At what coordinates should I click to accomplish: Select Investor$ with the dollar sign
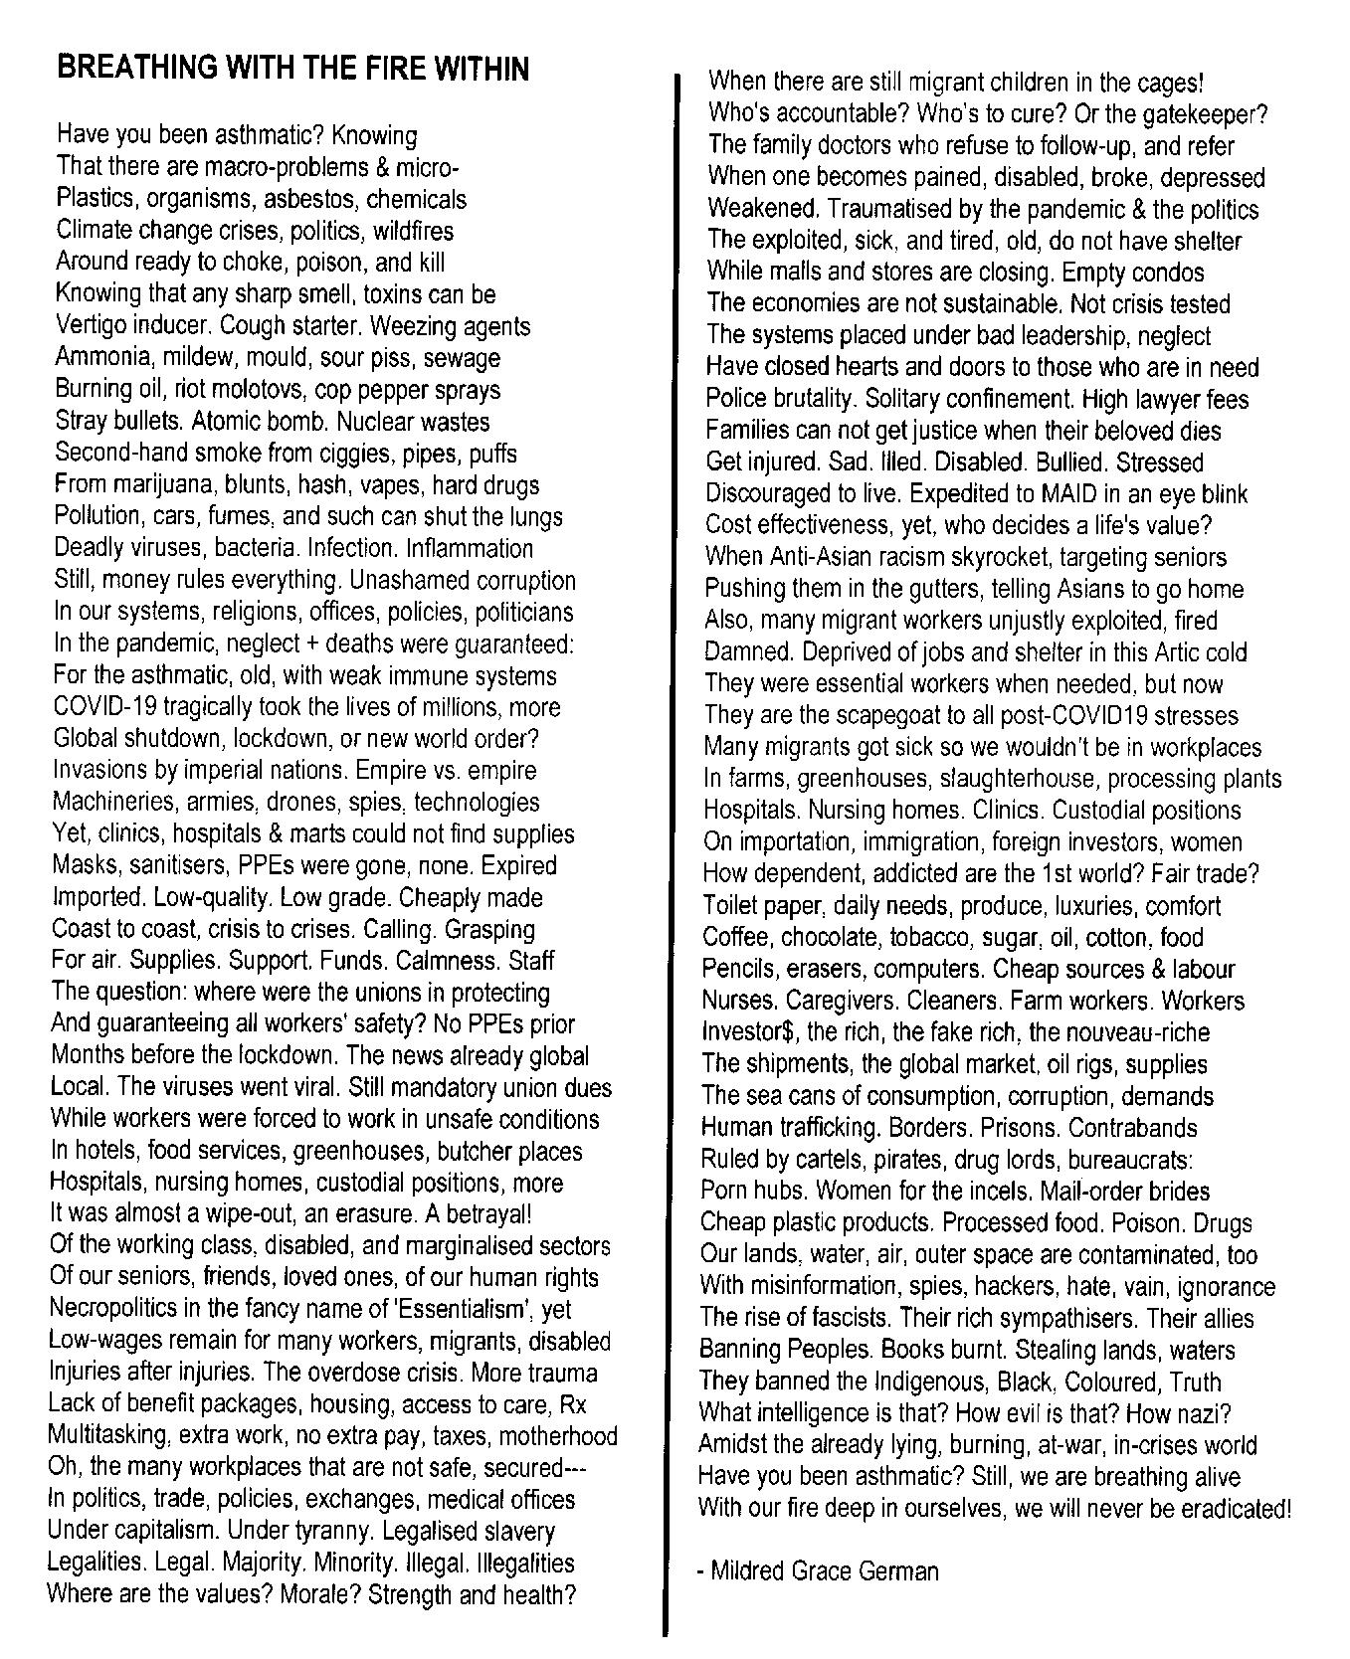pos(749,1032)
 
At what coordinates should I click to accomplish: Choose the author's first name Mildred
pos(750,1571)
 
